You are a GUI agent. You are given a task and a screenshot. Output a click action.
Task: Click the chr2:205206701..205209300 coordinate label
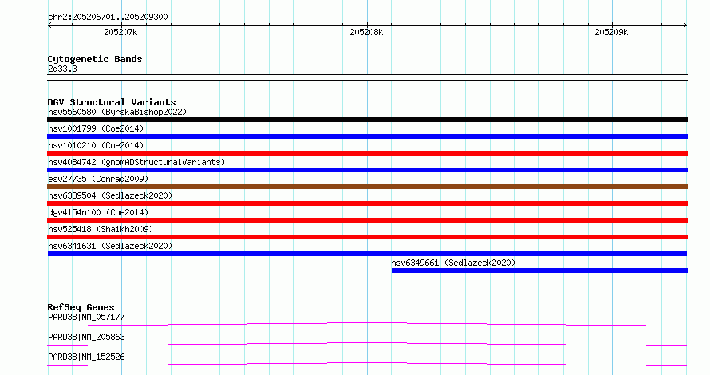point(108,17)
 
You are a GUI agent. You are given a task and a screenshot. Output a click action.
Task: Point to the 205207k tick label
point(120,32)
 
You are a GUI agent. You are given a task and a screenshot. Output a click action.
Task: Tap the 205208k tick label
point(366,32)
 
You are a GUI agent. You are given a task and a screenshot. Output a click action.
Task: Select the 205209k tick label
point(611,32)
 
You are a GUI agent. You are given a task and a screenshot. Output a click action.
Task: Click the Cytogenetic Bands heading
point(95,59)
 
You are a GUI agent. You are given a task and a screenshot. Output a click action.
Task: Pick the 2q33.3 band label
point(62,69)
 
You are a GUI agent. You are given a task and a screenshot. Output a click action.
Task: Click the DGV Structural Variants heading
point(112,102)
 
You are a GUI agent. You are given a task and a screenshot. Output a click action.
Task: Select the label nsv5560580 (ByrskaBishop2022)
point(117,112)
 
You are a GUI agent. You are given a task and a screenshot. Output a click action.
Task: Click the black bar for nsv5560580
point(367,120)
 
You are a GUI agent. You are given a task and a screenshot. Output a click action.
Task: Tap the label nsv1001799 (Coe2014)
point(96,128)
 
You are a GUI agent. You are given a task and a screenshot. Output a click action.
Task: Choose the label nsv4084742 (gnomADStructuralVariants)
point(136,162)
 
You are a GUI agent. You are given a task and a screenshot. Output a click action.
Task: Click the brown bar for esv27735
point(367,187)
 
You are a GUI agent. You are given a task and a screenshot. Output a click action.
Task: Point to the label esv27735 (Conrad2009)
point(98,179)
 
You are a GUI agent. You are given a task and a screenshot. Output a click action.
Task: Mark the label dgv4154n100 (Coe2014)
point(98,212)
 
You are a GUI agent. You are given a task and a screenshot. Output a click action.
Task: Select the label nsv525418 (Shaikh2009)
point(101,229)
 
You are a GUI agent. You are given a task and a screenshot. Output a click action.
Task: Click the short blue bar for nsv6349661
point(539,270)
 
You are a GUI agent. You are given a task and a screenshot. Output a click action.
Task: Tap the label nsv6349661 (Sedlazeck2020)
point(453,262)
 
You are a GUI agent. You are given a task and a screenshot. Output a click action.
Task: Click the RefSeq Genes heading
point(81,307)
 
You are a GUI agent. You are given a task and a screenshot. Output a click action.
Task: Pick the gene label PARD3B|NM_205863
point(86,337)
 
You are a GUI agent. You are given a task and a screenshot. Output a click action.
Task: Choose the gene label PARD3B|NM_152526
point(86,357)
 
